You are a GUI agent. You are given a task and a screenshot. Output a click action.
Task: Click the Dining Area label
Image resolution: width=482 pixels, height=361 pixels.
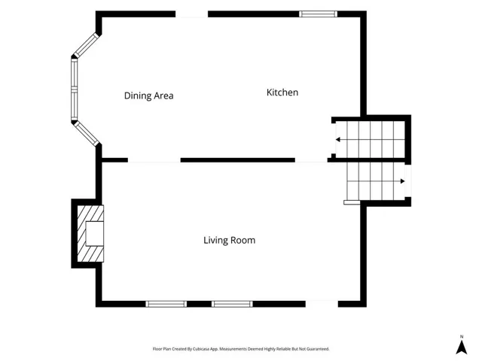149,96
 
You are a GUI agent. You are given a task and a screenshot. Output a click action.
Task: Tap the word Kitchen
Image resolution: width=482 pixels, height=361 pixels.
282,93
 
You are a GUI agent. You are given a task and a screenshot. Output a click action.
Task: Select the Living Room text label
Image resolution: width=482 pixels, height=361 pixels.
229,240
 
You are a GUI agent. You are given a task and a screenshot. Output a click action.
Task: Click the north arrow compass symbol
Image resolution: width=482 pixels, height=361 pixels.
462,347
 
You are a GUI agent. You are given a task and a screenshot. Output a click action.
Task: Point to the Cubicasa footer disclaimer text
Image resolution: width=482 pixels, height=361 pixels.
241,349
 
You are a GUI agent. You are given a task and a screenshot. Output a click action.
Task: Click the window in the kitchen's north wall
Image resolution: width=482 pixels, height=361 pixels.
318,14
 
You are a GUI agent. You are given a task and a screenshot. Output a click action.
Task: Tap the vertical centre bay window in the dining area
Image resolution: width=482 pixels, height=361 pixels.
74,89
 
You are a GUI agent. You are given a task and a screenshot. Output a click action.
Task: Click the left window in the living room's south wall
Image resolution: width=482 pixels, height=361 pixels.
166,304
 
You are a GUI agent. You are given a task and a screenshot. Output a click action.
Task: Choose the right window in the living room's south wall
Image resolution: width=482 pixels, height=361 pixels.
232,304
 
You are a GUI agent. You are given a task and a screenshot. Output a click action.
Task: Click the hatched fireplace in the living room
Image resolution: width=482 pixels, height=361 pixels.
90,234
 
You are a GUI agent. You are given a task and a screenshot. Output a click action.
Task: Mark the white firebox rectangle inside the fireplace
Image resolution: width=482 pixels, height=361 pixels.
95,234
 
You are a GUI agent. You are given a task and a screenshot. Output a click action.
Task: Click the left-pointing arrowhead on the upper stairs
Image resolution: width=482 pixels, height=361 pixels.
337,140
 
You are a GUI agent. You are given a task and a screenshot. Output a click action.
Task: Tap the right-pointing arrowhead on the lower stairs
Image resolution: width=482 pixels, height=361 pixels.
403,181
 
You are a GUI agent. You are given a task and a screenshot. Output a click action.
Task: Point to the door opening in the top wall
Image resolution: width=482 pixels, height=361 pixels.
192,14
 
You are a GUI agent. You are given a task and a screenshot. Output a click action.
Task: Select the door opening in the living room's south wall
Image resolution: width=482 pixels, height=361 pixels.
322,304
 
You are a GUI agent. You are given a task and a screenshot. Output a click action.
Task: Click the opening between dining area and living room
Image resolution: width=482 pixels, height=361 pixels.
154,160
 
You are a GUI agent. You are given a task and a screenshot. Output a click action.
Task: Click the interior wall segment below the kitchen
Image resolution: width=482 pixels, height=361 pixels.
238,160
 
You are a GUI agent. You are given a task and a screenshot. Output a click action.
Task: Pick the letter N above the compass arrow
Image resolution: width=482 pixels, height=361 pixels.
462,337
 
